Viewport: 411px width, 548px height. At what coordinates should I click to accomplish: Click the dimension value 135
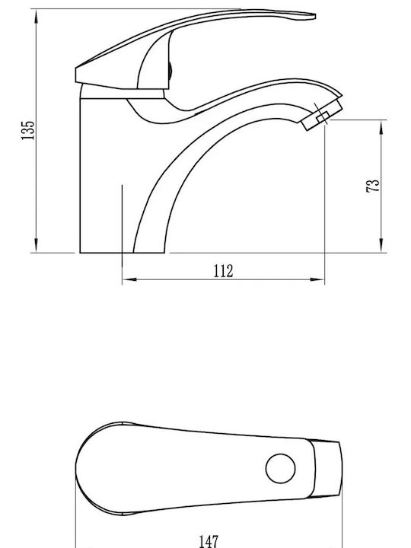coord(28,130)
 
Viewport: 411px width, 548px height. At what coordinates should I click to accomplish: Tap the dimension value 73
coord(372,185)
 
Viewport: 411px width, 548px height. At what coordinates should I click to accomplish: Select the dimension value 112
coord(223,271)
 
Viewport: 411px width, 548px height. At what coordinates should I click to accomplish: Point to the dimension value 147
coord(209,541)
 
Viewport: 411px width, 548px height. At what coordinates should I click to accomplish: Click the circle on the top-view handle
coord(280,469)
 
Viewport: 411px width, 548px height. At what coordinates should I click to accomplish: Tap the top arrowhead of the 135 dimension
coord(37,17)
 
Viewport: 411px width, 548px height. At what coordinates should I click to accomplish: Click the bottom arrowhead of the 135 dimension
coord(37,245)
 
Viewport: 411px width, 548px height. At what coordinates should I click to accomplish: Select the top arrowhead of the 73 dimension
coord(381,127)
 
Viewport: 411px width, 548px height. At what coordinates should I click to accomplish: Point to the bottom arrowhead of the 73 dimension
coord(381,245)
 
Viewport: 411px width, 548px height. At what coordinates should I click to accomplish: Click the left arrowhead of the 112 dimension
coord(129,279)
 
